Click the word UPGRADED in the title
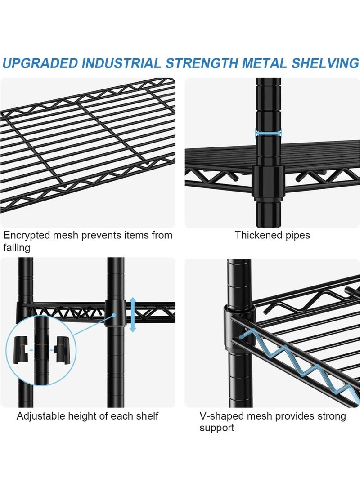point(40,63)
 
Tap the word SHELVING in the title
point(325,63)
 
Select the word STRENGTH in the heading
point(202,63)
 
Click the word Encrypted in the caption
point(27,236)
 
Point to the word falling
point(17,248)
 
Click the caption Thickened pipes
point(272,235)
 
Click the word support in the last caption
point(217,428)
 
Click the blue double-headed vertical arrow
point(133,315)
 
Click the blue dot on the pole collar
point(114,315)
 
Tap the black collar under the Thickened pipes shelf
point(268,183)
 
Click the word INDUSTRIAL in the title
point(121,63)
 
